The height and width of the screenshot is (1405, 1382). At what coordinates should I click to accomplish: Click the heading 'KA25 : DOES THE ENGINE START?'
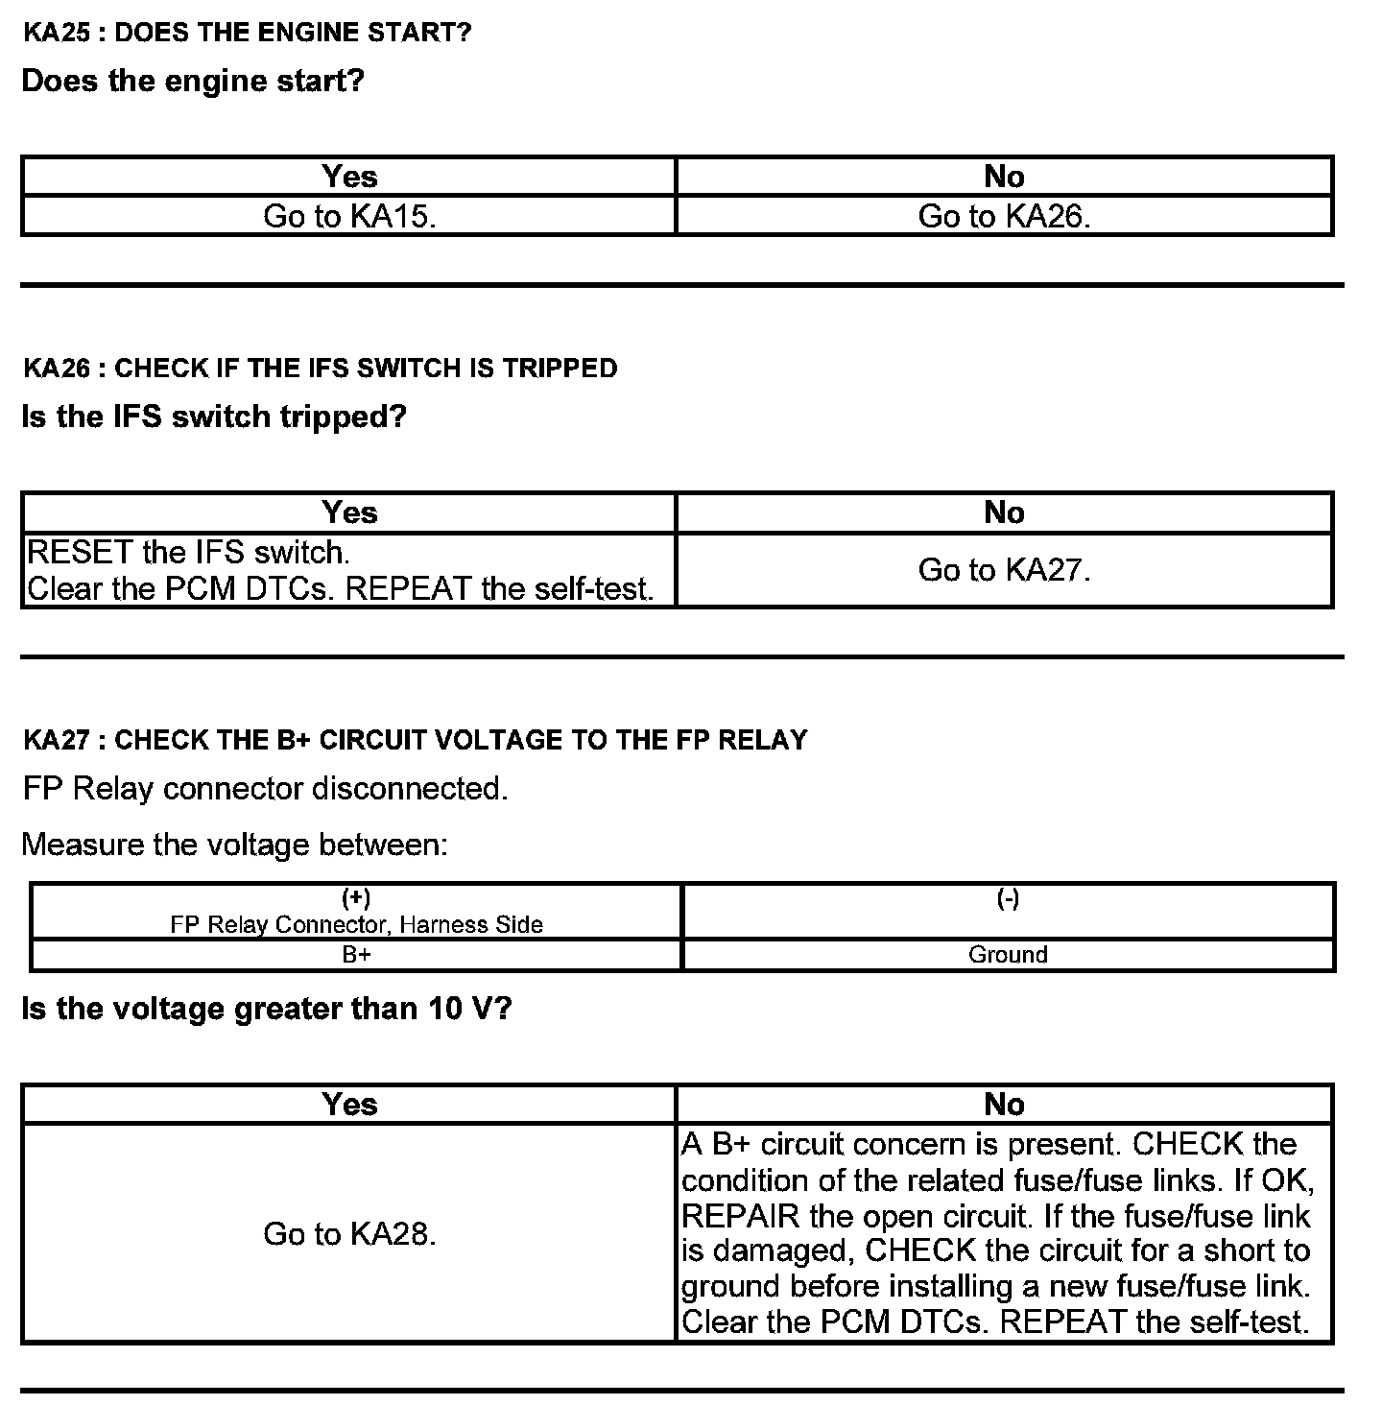click(247, 33)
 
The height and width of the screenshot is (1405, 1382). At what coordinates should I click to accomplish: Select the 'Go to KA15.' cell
click(349, 217)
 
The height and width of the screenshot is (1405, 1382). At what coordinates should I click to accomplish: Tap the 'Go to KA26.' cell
click(1004, 217)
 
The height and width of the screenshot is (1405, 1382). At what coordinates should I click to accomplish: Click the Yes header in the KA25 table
click(349, 177)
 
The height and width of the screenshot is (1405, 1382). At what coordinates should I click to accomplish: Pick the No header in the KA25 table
click(1004, 177)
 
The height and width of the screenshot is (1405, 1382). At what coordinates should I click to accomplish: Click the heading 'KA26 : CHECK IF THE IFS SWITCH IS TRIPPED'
click(320, 369)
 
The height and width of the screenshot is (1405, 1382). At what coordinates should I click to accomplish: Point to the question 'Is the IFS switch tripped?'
click(214, 417)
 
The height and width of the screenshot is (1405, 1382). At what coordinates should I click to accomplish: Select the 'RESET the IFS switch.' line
click(188, 553)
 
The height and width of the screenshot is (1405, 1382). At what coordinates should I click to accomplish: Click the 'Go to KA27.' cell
click(1004, 570)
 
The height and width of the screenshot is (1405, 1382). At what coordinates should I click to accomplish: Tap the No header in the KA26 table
click(1004, 512)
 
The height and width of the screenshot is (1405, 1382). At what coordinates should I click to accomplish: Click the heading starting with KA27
click(415, 740)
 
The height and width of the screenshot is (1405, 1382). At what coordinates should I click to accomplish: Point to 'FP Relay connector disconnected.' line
click(265, 789)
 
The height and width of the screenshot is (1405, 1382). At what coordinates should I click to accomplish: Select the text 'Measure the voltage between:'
click(234, 845)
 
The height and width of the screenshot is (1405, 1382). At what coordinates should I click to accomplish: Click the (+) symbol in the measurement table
click(356, 898)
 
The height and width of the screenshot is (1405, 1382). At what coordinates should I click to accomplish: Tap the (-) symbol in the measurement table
click(1008, 898)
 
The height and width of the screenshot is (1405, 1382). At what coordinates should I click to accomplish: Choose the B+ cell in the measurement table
click(356, 955)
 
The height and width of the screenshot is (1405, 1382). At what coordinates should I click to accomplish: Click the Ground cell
click(1008, 955)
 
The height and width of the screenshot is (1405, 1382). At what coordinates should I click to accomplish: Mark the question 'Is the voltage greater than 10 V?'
click(266, 1009)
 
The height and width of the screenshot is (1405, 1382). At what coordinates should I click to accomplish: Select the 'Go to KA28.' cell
click(349, 1234)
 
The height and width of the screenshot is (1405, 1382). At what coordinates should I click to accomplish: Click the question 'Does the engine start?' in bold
click(193, 81)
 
